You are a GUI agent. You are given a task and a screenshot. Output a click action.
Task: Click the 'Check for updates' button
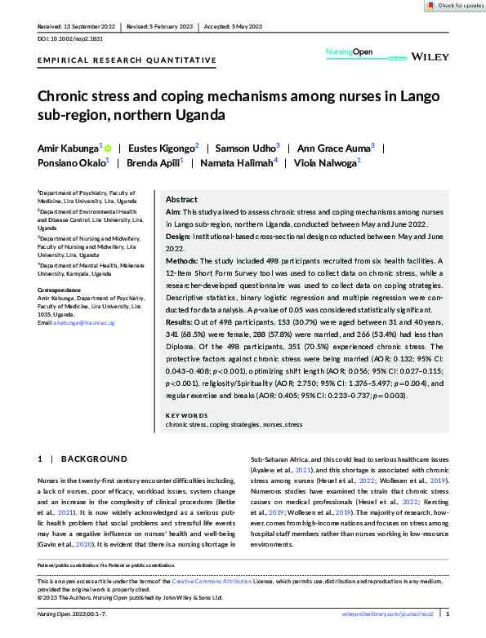454,6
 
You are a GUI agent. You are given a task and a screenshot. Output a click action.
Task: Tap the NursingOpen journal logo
349,53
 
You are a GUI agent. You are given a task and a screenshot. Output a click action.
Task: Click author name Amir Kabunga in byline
68,148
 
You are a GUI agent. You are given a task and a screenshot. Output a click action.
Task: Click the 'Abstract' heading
181,199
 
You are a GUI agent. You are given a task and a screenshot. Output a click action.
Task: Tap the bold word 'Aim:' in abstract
173,211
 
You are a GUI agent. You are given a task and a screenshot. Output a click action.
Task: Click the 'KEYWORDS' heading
186,415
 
